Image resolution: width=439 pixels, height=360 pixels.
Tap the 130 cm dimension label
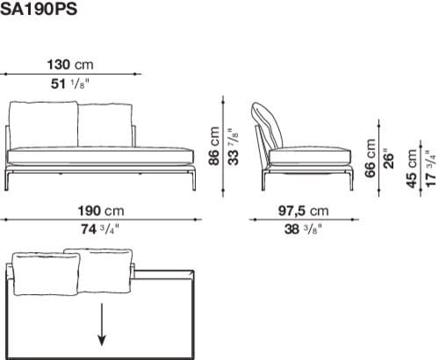point(70,65)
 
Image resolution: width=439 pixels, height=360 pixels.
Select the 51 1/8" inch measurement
point(69,83)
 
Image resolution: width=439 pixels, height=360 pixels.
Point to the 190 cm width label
point(102,211)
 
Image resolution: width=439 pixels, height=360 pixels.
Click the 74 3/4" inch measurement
point(100,229)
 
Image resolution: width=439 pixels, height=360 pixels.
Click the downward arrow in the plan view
point(103,324)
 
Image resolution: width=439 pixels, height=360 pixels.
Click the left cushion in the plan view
point(45,274)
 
